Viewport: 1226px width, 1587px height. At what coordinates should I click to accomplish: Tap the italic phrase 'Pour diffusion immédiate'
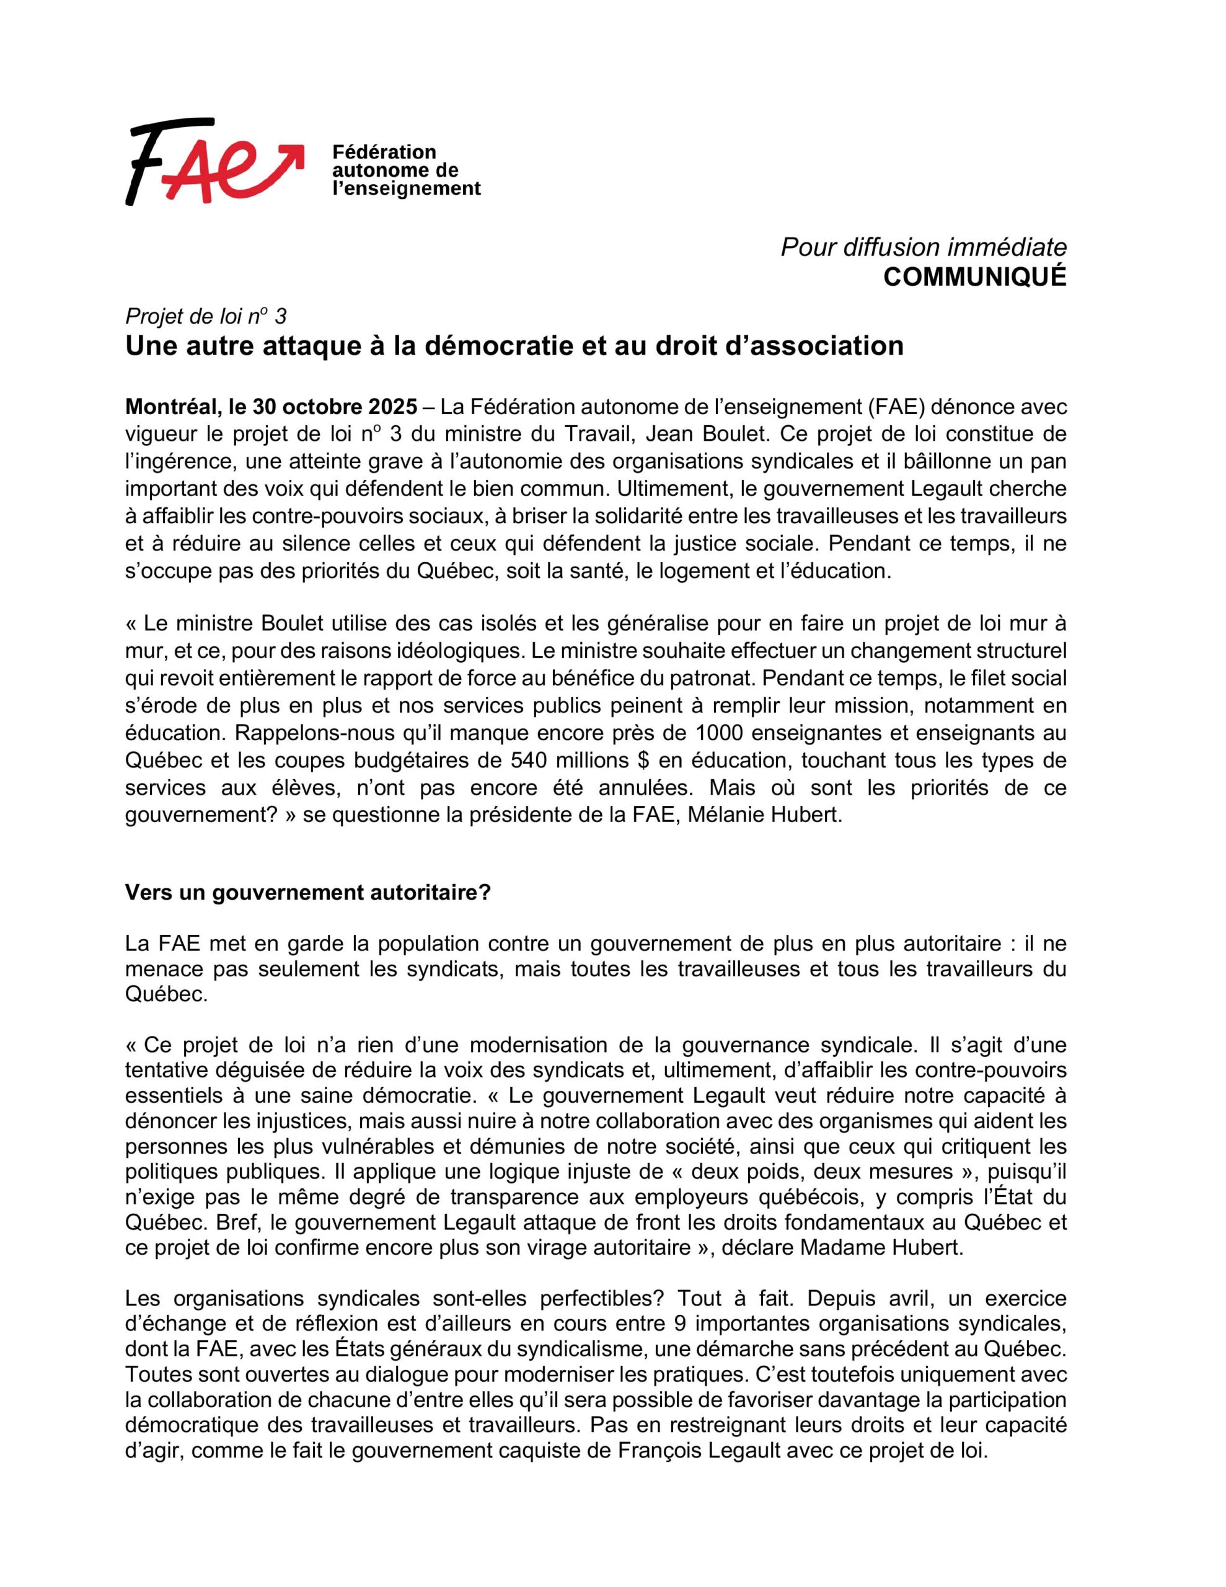(923, 247)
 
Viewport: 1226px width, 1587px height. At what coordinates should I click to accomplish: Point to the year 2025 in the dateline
(392, 406)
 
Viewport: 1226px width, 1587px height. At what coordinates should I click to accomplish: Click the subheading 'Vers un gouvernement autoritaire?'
(308, 892)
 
